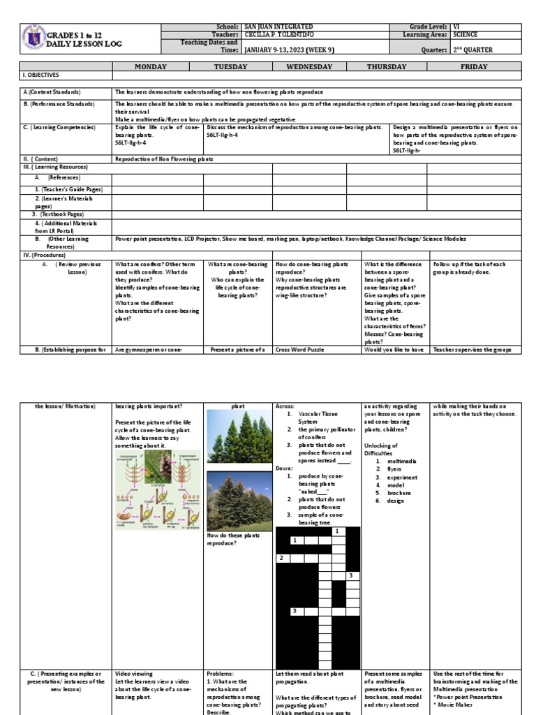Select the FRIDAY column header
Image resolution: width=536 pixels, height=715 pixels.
tap(474, 66)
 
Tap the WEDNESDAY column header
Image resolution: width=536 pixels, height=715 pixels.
tap(308, 66)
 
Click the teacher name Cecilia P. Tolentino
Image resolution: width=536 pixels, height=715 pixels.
tap(279, 34)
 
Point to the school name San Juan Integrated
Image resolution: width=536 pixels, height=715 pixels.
tap(274, 26)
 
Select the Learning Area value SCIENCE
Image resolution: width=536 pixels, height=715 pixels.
tap(468, 34)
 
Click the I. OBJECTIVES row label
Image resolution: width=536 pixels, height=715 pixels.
tap(41, 75)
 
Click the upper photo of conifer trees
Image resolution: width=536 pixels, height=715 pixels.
tap(239, 436)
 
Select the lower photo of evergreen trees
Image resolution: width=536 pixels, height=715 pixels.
tap(239, 501)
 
